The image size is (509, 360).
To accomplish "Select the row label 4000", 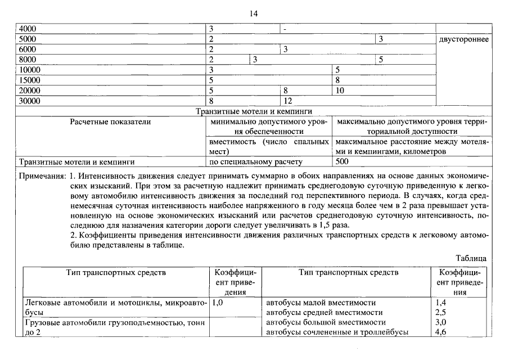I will point(28,29).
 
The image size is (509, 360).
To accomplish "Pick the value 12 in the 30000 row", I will point(288,101).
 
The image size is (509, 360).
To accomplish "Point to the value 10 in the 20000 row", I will point(340,91).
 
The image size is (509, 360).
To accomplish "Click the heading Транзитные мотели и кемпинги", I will point(254,112).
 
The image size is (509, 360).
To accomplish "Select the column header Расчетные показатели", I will point(110,121).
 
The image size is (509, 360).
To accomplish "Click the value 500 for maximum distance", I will point(341,162).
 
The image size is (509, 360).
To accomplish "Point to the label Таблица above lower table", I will point(471,258).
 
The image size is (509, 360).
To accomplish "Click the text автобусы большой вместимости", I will point(326,322).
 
